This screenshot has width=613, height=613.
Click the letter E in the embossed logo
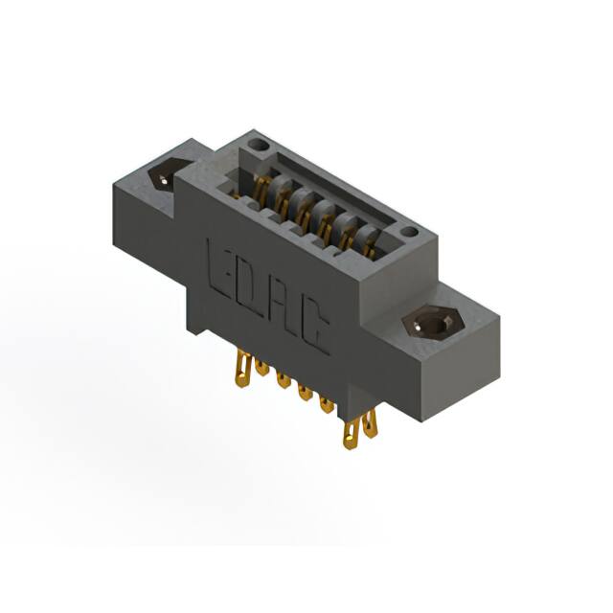pos(223,263)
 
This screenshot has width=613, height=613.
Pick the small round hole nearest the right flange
pos(410,232)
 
